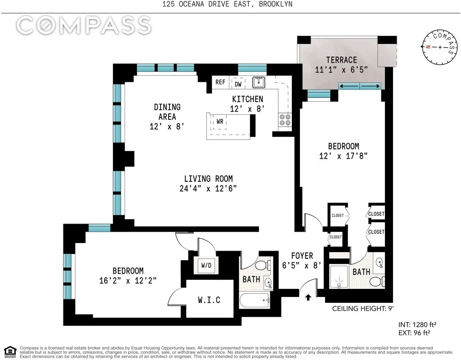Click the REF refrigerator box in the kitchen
pos(220,82)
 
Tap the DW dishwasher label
pos(238,84)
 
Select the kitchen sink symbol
pos(258,82)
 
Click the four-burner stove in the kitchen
pos(285,119)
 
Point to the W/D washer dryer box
pos(206,265)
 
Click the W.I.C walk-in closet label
pos(209,300)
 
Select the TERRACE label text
pos(341,60)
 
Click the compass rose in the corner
pos(439,47)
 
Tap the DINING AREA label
pos(167,112)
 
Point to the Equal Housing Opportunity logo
pos(10,351)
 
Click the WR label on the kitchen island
pos(220,121)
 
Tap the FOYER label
pos(301,256)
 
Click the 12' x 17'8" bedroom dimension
pos(343,156)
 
